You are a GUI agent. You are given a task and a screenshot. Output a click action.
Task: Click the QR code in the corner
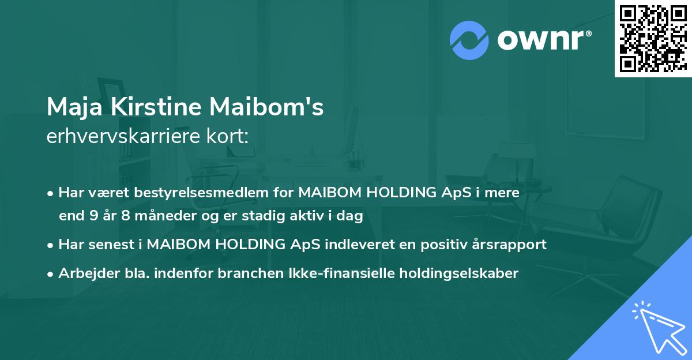point(653,38)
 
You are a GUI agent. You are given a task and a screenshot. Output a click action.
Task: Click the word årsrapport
point(513,244)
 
